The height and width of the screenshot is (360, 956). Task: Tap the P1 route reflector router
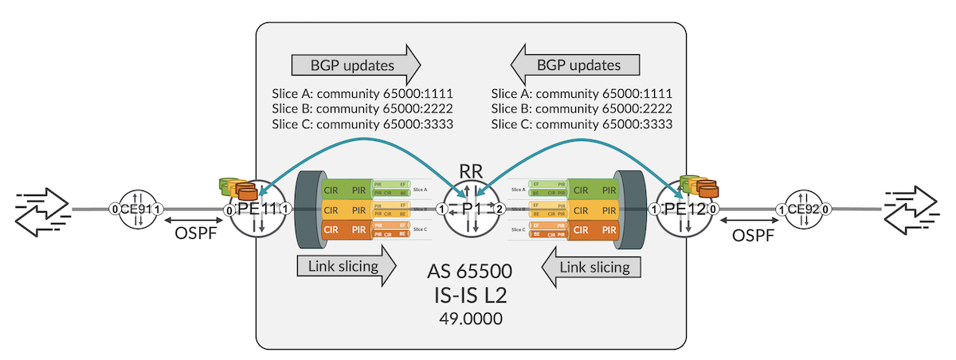pyautogui.click(x=471, y=209)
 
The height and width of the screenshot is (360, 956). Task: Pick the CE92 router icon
pyautogui.click(x=805, y=209)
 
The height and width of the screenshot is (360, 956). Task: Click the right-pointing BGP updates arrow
pyautogui.click(x=355, y=63)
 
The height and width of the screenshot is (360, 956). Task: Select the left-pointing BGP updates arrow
pyautogui.click(x=576, y=63)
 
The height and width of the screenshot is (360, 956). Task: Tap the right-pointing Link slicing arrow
pyautogui.click(x=346, y=266)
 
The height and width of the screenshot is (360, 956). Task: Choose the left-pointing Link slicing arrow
pyautogui.click(x=591, y=266)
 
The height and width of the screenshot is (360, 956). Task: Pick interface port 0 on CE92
pyautogui.click(x=825, y=209)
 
